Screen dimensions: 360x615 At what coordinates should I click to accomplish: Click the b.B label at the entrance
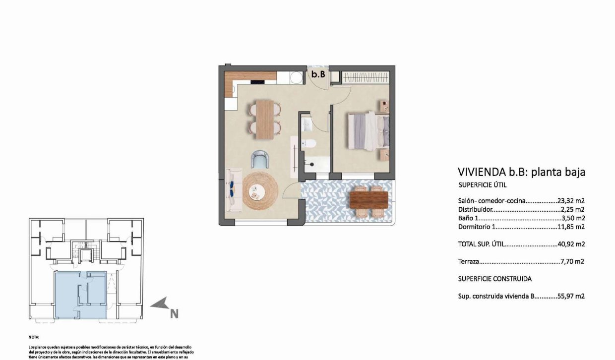(x=318, y=74)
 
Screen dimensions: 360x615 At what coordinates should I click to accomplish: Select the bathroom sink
(x=307, y=124)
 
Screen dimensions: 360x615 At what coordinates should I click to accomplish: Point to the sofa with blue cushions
(x=232, y=190)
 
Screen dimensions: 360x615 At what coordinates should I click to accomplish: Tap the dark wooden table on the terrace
(x=369, y=200)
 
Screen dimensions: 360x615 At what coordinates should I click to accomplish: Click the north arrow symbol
(x=161, y=304)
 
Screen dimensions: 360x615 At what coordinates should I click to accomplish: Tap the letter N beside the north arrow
(x=174, y=313)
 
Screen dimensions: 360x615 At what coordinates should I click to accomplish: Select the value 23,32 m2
(x=571, y=201)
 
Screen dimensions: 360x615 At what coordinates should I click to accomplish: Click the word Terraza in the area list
(x=469, y=261)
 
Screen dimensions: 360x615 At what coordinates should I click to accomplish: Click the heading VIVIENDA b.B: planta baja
(x=522, y=172)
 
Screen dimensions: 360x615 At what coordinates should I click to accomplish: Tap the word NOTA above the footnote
(x=34, y=337)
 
